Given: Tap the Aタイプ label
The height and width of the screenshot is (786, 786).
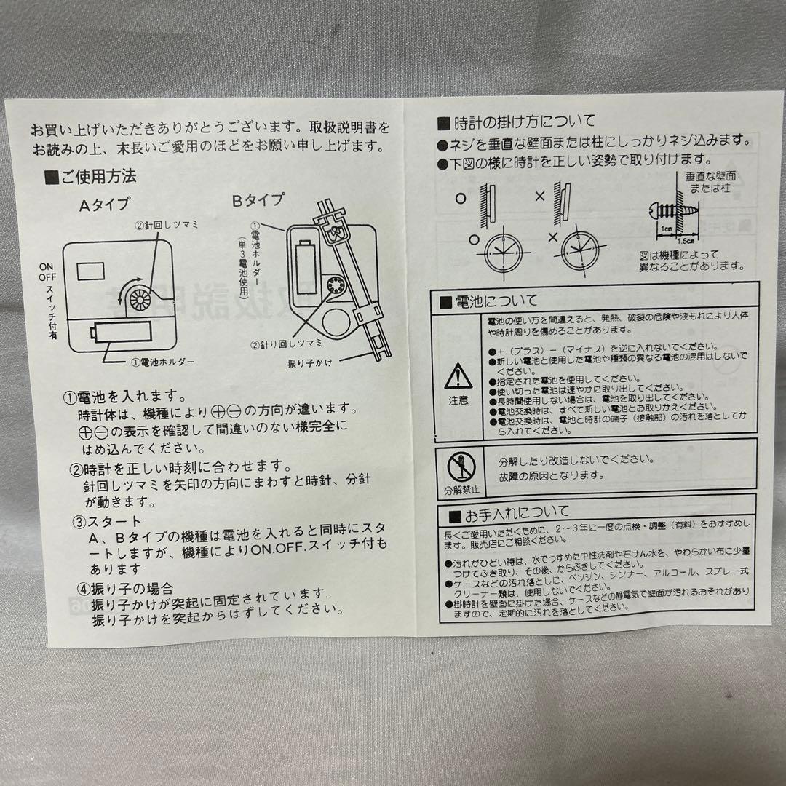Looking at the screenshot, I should point(104,206).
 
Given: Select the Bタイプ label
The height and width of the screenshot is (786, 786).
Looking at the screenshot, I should point(258,199).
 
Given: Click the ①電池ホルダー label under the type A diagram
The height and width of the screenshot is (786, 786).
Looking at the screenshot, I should point(162,362).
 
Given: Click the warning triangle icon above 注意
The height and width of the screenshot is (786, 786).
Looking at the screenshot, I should point(458,376).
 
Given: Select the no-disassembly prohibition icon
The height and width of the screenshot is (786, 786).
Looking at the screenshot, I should point(461,466).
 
